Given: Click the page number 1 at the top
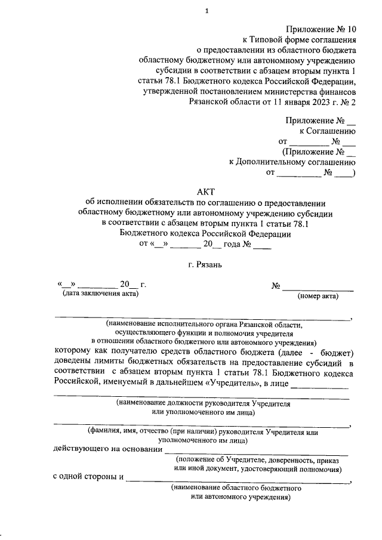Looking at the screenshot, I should point(206,10).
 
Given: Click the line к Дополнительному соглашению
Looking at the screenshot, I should point(292,162).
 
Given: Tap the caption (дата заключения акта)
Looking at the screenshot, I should point(100,294).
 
